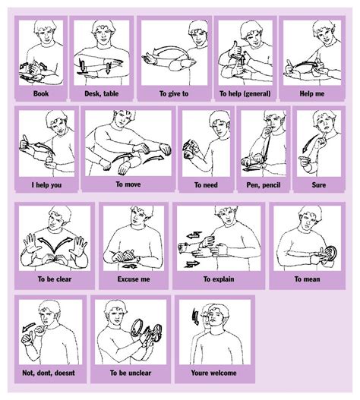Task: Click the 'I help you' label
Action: tap(45, 184)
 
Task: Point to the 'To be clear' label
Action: tap(55, 279)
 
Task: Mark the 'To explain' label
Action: tap(217, 279)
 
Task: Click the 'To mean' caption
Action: tap(305, 279)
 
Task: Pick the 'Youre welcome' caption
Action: tap(213, 373)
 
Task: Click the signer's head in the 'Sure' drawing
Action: tap(323, 124)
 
